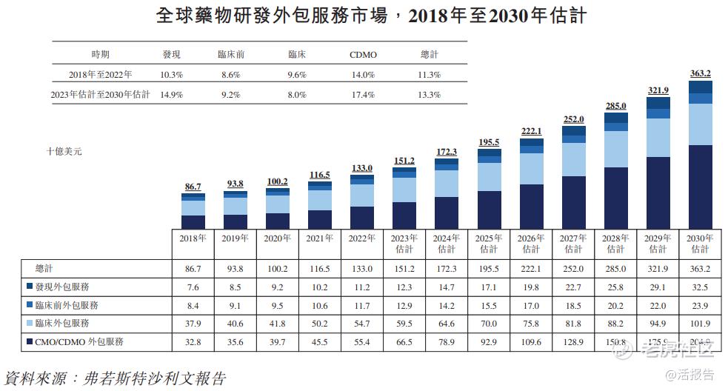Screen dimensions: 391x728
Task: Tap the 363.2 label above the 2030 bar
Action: click(x=700, y=73)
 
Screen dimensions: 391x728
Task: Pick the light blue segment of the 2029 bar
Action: click(x=658, y=137)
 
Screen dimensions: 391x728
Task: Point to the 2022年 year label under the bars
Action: click(x=361, y=238)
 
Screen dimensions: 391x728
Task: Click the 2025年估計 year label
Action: click(x=489, y=244)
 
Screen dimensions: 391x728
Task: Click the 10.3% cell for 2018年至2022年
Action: click(x=171, y=75)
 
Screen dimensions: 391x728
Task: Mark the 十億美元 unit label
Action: click(x=64, y=151)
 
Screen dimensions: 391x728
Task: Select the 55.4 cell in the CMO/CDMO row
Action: click(x=361, y=342)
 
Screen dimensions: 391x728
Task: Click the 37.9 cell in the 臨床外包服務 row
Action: click(x=193, y=324)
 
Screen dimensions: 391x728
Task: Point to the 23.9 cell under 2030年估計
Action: click(x=700, y=304)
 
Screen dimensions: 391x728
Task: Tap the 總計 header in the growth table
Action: click(x=429, y=55)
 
